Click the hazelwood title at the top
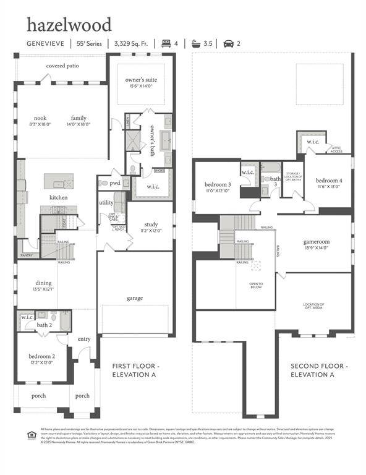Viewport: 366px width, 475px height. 69,25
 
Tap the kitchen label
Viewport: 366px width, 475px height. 59,197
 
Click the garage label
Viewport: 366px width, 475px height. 135,298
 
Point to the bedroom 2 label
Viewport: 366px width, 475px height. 42,356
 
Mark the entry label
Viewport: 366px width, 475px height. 83,339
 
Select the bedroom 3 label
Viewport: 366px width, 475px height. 218,184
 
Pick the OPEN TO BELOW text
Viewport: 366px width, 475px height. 256,286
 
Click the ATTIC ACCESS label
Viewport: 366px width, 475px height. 336,150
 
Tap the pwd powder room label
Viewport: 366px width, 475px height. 115,183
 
